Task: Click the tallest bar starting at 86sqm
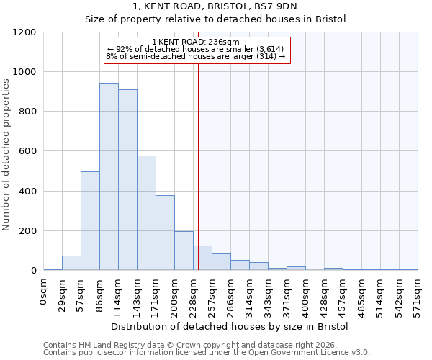click(x=109, y=176)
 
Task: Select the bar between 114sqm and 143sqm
click(x=127, y=180)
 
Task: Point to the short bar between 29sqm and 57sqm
click(x=71, y=263)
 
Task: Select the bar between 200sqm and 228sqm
click(x=184, y=251)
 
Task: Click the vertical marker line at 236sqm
click(x=198, y=166)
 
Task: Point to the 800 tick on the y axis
click(x=27, y=112)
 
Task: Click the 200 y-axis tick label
click(x=27, y=231)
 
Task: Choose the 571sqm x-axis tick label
click(x=418, y=295)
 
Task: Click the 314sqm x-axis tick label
click(x=249, y=295)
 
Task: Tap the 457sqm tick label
click(x=343, y=295)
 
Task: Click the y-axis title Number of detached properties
click(x=6, y=155)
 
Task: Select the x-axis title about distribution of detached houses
click(x=230, y=326)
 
